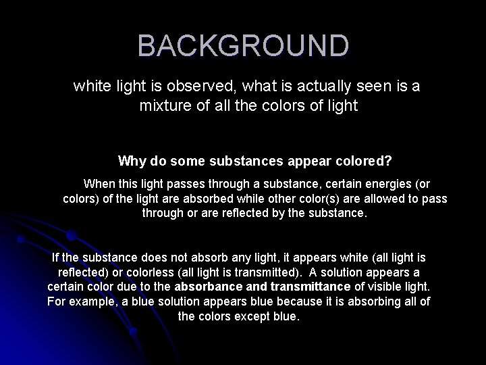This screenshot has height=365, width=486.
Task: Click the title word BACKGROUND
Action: pyautogui.click(x=243, y=46)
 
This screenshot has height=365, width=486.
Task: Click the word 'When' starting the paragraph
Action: pyautogui.click(x=99, y=183)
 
